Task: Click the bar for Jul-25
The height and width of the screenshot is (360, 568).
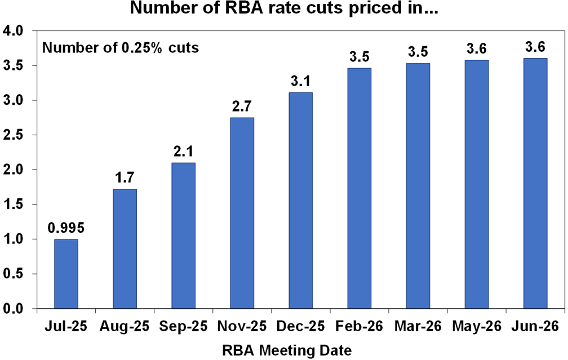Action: point(66,274)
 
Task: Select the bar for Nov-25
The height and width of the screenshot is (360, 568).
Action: point(242,213)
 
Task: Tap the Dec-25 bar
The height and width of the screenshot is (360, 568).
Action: point(301,201)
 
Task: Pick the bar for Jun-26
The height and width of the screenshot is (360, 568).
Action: point(535,184)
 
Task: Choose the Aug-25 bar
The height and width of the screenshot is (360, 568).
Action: point(125,248)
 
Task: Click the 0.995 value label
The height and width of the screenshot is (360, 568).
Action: point(66,229)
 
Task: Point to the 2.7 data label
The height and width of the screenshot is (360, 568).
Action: point(242,107)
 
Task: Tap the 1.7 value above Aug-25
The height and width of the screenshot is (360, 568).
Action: point(125,179)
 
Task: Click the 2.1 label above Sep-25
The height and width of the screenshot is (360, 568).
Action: point(184,152)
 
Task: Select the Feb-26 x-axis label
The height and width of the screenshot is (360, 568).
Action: point(359,327)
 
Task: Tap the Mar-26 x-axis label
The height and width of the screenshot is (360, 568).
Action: point(418,327)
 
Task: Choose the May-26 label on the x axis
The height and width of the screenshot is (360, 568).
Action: point(476,327)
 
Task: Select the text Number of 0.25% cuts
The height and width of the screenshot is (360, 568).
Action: point(121,48)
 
